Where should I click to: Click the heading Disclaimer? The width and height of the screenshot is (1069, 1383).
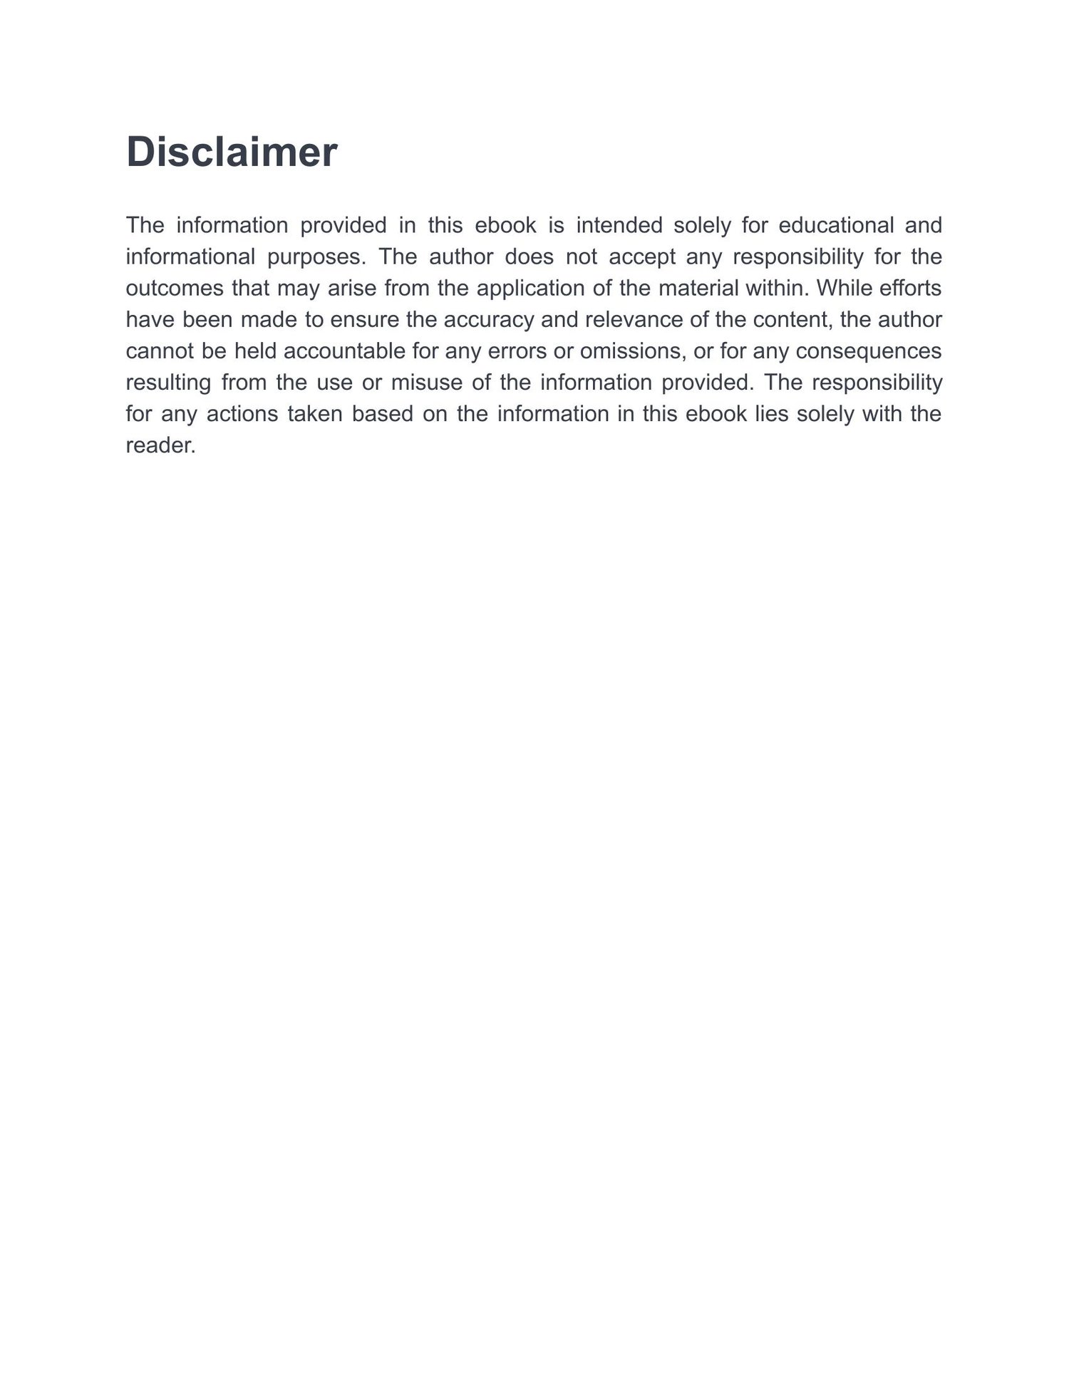(232, 152)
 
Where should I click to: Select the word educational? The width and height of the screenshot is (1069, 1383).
(836, 225)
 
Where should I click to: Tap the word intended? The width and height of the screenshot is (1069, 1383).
(619, 225)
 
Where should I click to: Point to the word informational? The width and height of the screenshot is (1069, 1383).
(190, 257)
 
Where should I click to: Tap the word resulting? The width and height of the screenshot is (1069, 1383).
(168, 383)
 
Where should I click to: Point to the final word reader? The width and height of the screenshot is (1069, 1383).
(160, 445)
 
